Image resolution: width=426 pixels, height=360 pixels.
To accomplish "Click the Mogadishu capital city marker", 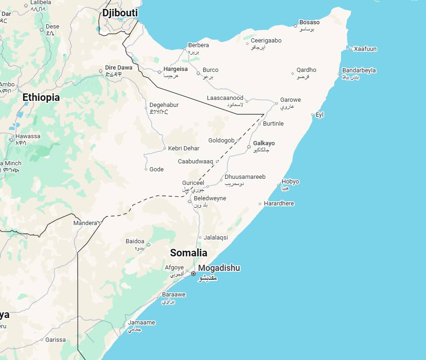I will coord(193,274).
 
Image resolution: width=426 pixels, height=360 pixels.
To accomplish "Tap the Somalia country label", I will coord(188,253).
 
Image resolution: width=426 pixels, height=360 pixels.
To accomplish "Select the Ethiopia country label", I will coord(41,98).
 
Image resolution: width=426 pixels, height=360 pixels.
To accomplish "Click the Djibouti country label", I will coord(120,13).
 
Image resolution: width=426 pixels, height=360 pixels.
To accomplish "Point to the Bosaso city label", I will coord(309,22).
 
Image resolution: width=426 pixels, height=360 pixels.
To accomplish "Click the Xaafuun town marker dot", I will coord(350,49).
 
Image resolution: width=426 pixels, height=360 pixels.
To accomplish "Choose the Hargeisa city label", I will coord(175,69).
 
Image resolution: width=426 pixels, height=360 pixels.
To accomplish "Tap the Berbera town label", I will coord(198,45).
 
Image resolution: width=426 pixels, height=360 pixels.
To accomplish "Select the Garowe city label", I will coord(290,100).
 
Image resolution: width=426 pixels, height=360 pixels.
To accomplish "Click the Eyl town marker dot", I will coord(312,114).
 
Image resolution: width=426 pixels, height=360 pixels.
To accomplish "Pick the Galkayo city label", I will coord(263,143).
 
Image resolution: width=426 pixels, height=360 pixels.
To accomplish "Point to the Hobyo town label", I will coord(290,182).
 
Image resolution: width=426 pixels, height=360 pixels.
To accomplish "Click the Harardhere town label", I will coord(279,204).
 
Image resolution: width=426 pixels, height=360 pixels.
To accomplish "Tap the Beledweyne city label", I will coord(210,198).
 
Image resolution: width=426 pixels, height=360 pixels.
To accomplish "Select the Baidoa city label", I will coord(135,241).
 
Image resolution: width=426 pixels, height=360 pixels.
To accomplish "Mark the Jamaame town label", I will coord(142,323).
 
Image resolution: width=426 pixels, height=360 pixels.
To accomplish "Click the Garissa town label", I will coord(56,339).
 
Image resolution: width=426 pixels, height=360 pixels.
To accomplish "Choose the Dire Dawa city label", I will coord(119,68).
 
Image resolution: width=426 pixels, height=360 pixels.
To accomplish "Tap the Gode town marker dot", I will coord(146,169).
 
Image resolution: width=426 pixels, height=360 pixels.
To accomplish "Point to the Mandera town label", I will coord(85,223).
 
